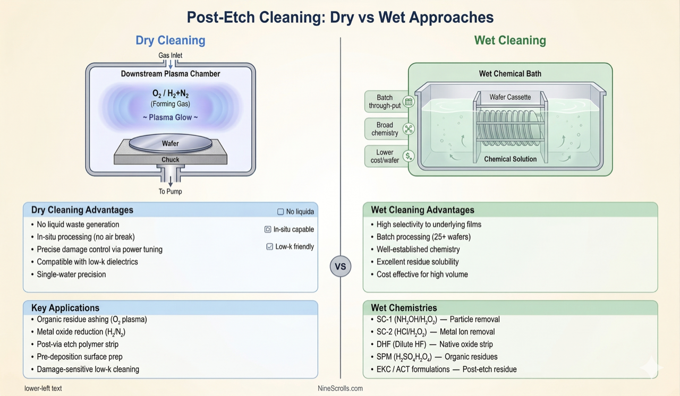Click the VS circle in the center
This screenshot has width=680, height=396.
pos(340,266)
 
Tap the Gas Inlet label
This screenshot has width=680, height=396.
pos(171,55)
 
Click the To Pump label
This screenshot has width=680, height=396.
pos(171,191)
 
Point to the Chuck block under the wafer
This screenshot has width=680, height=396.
pos(171,159)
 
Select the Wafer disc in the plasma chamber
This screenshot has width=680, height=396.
pos(171,143)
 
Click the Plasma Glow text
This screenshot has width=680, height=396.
pos(171,117)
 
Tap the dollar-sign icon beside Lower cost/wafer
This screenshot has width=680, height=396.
pos(409,156)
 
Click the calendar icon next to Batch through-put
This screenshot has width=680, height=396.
pos(409,101)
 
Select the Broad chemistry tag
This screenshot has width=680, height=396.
pos(385,129)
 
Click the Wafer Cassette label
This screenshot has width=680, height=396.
pos(510,97)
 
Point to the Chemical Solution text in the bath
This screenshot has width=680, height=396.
pos(510,159)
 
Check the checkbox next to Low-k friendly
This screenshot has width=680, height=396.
pos(270,247)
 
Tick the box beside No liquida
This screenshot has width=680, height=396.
pos(280,212)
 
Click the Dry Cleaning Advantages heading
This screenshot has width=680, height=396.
pos(82,210)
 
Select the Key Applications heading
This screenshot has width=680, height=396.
pos(65,308)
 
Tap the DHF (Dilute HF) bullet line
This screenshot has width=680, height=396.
pos(431,344)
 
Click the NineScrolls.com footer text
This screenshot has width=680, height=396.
pos(340,389)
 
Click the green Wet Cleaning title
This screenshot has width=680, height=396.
pos(510,40)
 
